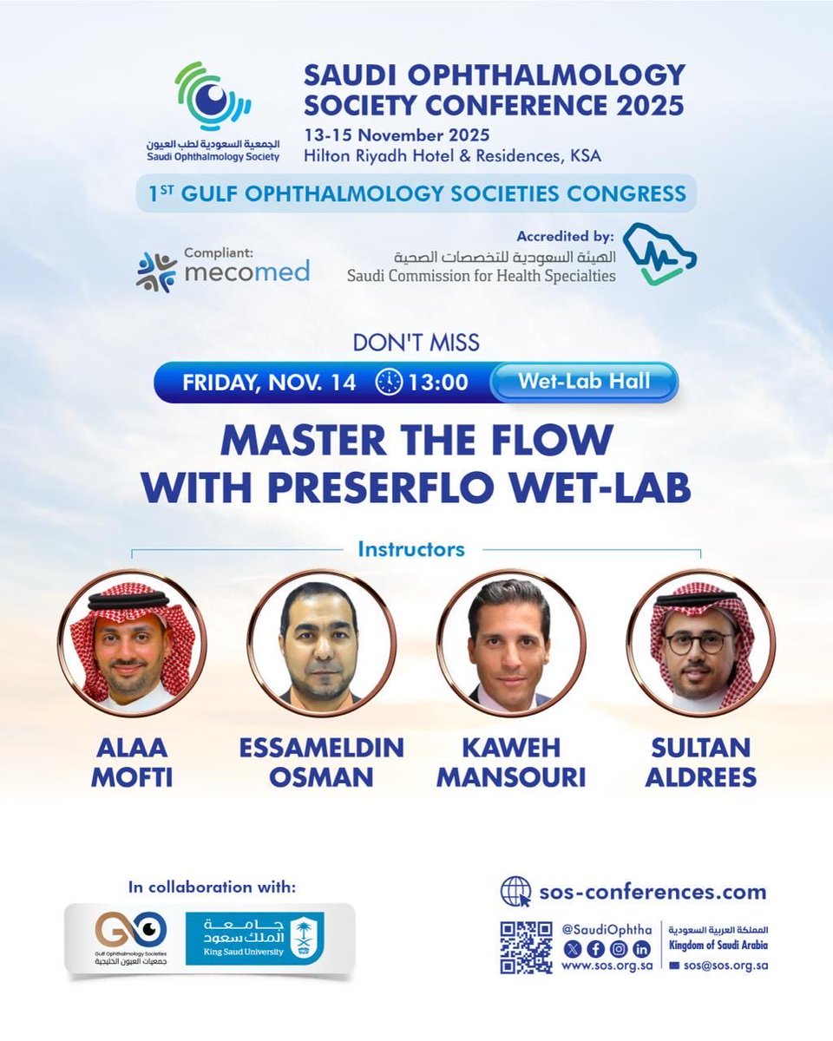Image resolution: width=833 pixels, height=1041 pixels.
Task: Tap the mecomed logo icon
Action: (x=156, y=271)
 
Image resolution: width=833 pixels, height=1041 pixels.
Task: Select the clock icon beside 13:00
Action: (x=390, y=383)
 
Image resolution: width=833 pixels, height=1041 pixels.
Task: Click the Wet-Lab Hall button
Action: (x=583, y=382)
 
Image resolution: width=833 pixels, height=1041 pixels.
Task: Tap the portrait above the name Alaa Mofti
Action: (x=133, y=643)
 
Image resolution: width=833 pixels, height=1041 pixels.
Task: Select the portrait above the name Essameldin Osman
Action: (x=321, y=643)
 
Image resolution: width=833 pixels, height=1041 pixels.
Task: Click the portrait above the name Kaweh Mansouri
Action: (x=509, y=643)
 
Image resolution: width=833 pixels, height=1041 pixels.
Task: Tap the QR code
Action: (x=526, y=947)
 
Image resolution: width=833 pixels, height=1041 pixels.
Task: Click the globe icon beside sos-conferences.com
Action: (x=515, y=892)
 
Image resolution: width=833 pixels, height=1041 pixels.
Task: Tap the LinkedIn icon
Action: (x=642, y=947)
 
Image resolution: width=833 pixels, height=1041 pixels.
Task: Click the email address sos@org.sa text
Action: (x=725, y=965)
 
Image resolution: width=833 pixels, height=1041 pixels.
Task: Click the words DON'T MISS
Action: (x=416, y=342)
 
